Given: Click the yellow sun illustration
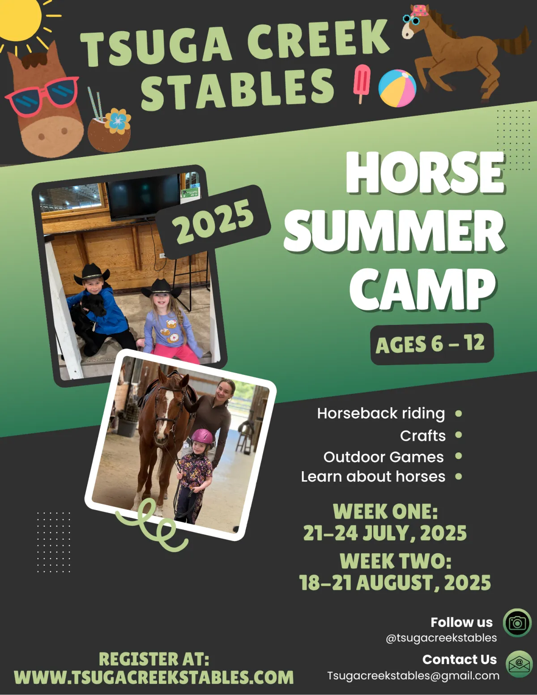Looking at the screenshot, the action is tap(19, 19).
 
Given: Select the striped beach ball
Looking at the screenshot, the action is tap(397, 88).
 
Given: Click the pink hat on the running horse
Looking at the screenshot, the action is tap(420, 11).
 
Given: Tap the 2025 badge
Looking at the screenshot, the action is tap(213, 222).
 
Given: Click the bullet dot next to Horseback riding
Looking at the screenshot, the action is tap(458, 414).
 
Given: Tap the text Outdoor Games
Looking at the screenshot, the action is tap(384, 457).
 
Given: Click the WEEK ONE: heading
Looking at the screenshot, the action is tap(385, 511).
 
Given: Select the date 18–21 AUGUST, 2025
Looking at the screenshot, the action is tap(395, 582).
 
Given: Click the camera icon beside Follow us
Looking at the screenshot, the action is tap(517, 623).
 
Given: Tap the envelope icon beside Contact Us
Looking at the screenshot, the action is tap(519, 664).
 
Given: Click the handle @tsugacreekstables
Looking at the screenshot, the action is tap(441, 638).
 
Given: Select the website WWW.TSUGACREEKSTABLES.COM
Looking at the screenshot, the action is tap(153, 677).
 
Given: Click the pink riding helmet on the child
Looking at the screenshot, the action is tap(202, 437).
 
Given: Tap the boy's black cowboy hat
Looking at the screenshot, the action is tap(92, 273).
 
